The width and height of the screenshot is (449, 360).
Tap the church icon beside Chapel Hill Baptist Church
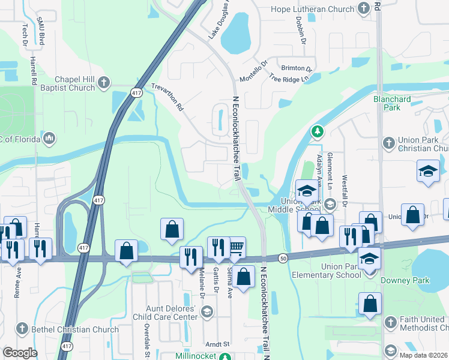point(103,82)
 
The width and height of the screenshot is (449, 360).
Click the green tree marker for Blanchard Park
point(317,131)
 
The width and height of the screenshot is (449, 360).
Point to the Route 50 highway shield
point(283,258)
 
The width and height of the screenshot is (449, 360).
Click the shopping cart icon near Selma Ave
point(236,246)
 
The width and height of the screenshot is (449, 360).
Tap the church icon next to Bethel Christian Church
point(22,329)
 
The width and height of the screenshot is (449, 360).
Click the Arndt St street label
point(218,344)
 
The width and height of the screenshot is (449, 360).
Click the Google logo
point(20,353)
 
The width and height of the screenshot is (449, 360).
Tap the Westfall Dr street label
point(345,191)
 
